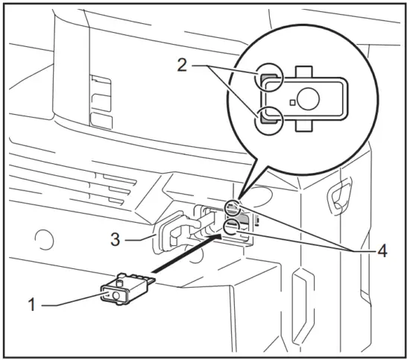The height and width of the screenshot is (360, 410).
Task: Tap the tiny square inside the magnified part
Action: click(x=293, y=101)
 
